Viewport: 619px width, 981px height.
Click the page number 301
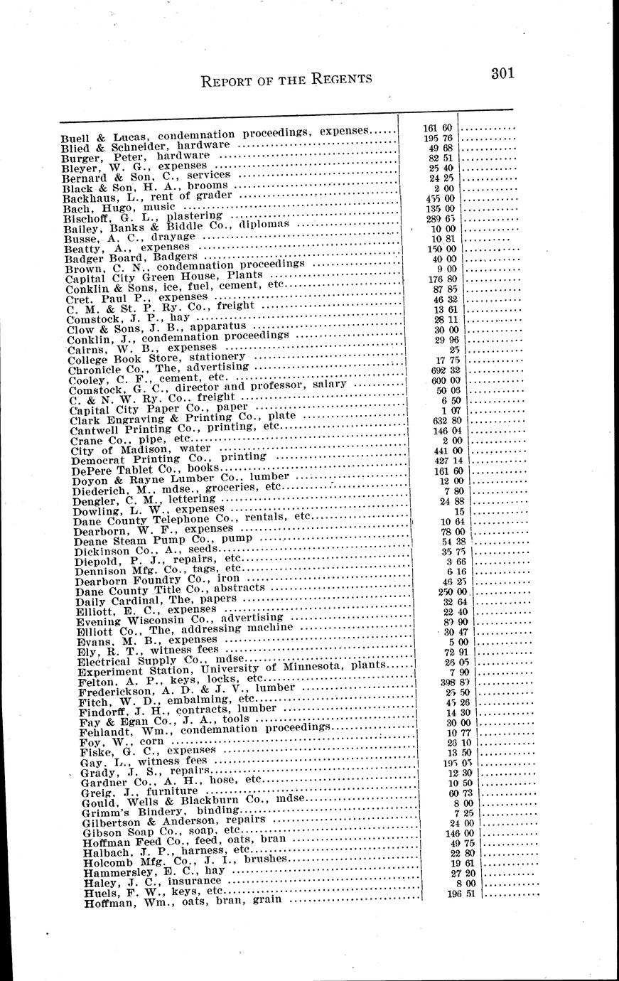click(x=502, y=74)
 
